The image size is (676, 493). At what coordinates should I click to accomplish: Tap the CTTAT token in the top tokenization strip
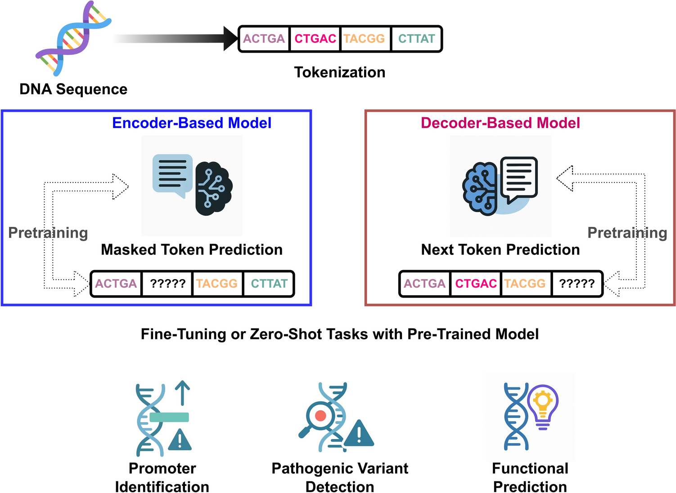click(x=416, y=39)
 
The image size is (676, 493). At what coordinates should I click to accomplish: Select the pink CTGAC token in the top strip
click(x=315, y=39)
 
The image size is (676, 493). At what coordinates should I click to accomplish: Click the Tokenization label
click(x=339, y=72)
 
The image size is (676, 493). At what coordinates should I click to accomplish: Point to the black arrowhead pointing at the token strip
click(x=230, y=39)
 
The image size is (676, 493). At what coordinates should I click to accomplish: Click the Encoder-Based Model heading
click(x=191, y=123)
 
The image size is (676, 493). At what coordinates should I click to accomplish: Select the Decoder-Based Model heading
click(x=500, y=123)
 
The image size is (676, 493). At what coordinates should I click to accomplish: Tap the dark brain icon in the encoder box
click(x=213, y=188)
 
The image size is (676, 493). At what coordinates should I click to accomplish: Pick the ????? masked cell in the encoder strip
click(x=167, y=284)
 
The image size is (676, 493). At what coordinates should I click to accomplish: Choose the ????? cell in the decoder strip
click(x=577, y=284)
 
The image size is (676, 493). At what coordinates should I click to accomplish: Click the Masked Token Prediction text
click(x=192, y=250)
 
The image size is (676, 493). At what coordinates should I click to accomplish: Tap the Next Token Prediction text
click(x=500, y=250)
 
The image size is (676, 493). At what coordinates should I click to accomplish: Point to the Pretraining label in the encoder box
click(x=48, y=233)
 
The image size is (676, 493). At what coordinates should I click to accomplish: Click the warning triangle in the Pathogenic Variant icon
click(x=359, y=434)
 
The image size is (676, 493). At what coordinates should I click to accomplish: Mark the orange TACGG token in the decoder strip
click(x=525, y=284)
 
